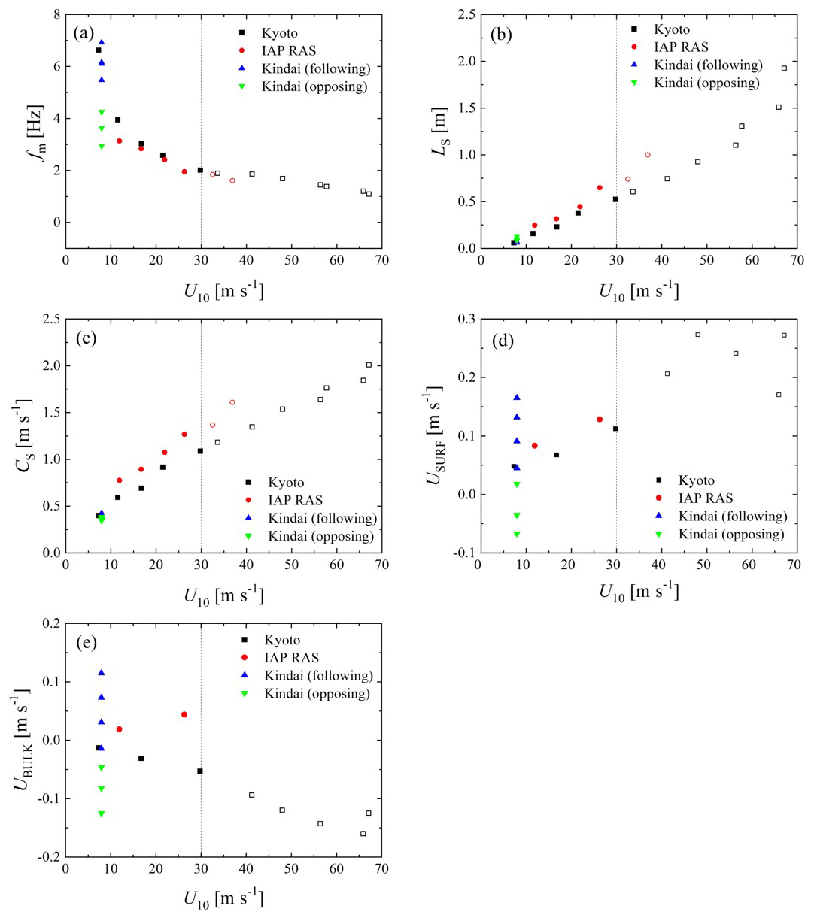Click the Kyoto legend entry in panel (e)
pos(281,640)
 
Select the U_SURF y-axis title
pos(436,436)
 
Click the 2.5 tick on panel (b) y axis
pos(463,15)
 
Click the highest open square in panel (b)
pos(784,68)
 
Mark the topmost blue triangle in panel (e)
pos(101,672)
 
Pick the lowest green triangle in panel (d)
pos(517,534)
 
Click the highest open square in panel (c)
pos(369,365)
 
